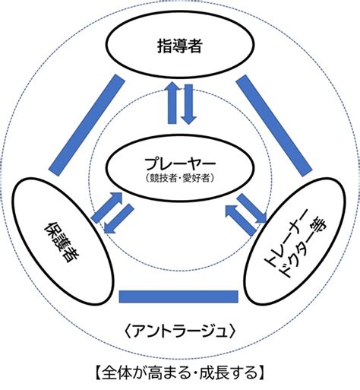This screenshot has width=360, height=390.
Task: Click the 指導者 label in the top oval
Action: coord(180,46)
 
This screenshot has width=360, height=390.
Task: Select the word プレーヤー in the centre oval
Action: coord(180,164)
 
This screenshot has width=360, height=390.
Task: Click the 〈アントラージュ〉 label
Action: coord(180,331)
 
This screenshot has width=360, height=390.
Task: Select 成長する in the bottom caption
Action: coord(228,373)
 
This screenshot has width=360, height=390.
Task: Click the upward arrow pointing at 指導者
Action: coord(172,103)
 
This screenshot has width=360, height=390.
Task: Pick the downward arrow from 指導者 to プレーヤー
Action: coord(188,104)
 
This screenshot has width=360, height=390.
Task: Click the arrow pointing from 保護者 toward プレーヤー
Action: coord(107,208)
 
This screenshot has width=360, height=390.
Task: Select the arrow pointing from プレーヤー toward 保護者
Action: coord(118,219)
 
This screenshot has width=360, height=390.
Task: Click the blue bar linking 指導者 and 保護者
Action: coord(87,125)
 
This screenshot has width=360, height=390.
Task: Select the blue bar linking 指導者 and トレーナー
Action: coord(273,125)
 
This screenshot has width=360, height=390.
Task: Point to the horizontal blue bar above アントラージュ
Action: coord(178,296)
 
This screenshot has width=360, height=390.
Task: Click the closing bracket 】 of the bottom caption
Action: coord(261,373)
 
